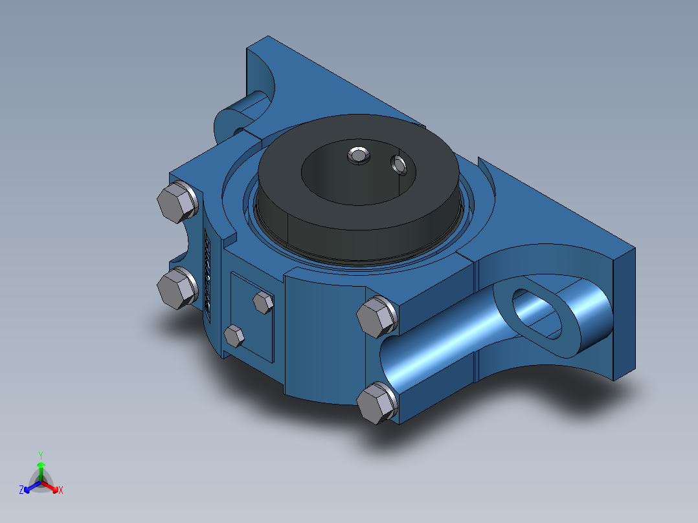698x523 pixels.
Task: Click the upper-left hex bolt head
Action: click(177, 202)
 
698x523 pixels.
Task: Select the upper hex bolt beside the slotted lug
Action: click(377, 317)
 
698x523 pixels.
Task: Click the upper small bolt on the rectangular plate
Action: click(263, 302)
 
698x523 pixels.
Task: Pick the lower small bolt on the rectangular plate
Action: click(234, 337)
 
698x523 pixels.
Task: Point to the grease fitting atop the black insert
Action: click(357, 155)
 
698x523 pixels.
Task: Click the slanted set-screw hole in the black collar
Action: click(399, 165)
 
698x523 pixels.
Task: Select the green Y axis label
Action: click(40, 454)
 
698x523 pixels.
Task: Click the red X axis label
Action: click(61, 490)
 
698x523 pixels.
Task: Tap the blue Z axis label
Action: click(21, 490)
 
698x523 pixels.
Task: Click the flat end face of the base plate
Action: click(623, 311)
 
